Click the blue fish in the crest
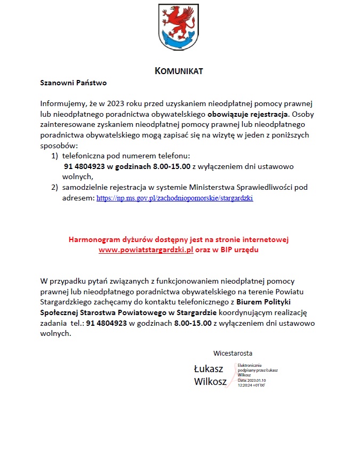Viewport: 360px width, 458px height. (x=179, y=40)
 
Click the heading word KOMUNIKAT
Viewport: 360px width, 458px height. (x=179, y=71)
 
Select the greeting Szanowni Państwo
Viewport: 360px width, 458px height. (x=74, y=83)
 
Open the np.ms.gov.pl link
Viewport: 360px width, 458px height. (x=174, y=198)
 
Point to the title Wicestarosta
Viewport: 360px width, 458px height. (x=233, y=353)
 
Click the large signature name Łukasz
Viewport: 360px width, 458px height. (x=208, y=368)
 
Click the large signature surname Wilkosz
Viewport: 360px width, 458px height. (x=210, y=382)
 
